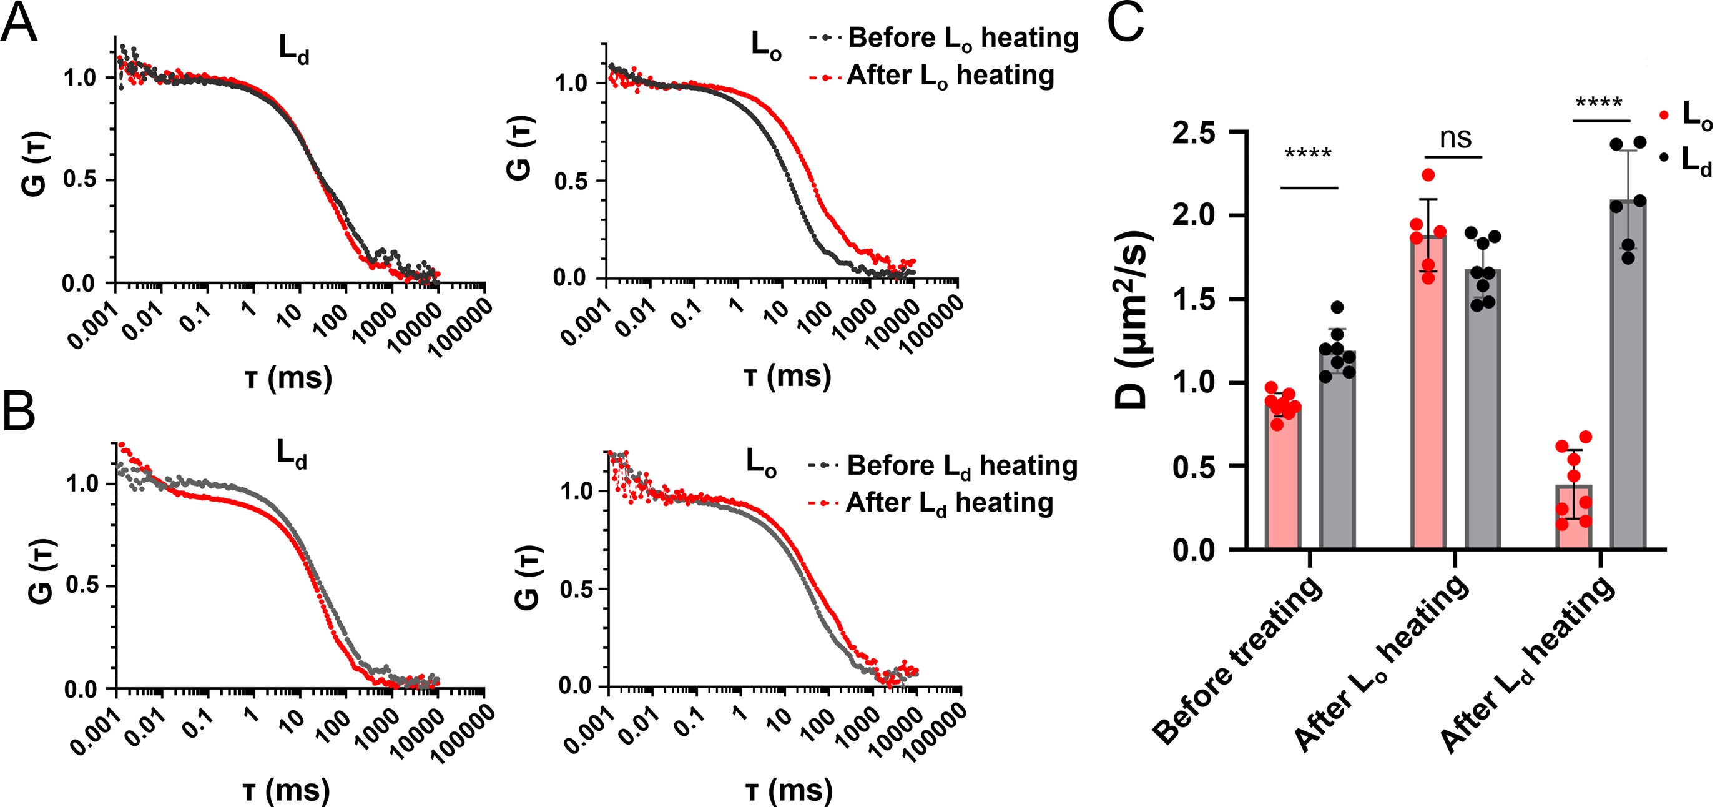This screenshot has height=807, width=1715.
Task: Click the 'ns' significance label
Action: click(1455, 139)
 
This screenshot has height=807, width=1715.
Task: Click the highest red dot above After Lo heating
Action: click(1428, 175)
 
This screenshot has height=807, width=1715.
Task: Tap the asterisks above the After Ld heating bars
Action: click(1598, 104)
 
